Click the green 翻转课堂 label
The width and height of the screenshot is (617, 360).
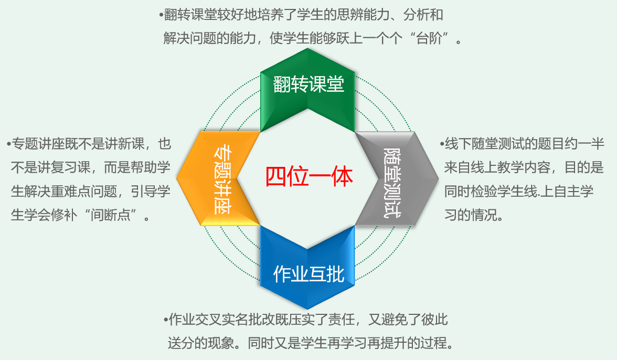pyautogui.click(x=308, y=84)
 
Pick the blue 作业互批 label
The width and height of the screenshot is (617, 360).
pyautogui.click(x=308, y=273)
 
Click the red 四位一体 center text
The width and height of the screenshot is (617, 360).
pyautogui.click(x=309, y=177)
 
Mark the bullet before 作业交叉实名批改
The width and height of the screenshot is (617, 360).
pyautogui.click(x=165, y=319)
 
